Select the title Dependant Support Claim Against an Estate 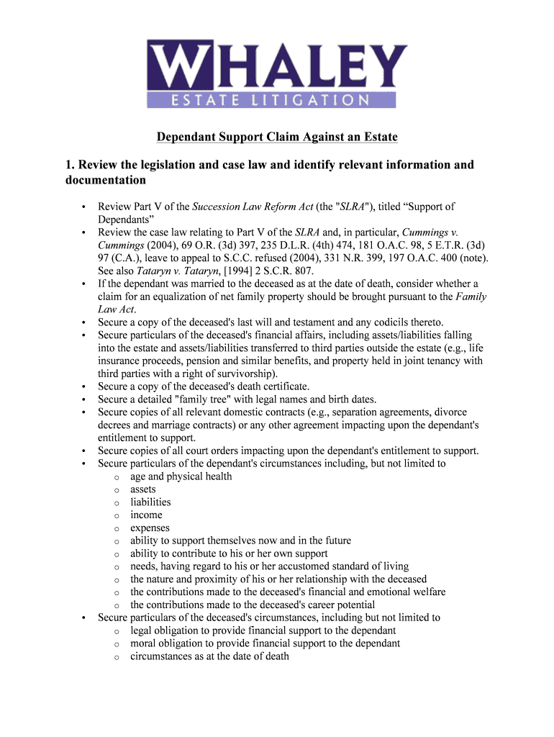(x=278, y=137)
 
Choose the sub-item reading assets (x=142, y=489)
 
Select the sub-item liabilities (x=150, y=502)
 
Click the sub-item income (x=146, y=515)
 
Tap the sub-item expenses (x=150, y=528)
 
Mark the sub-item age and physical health (x=181, y=476)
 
